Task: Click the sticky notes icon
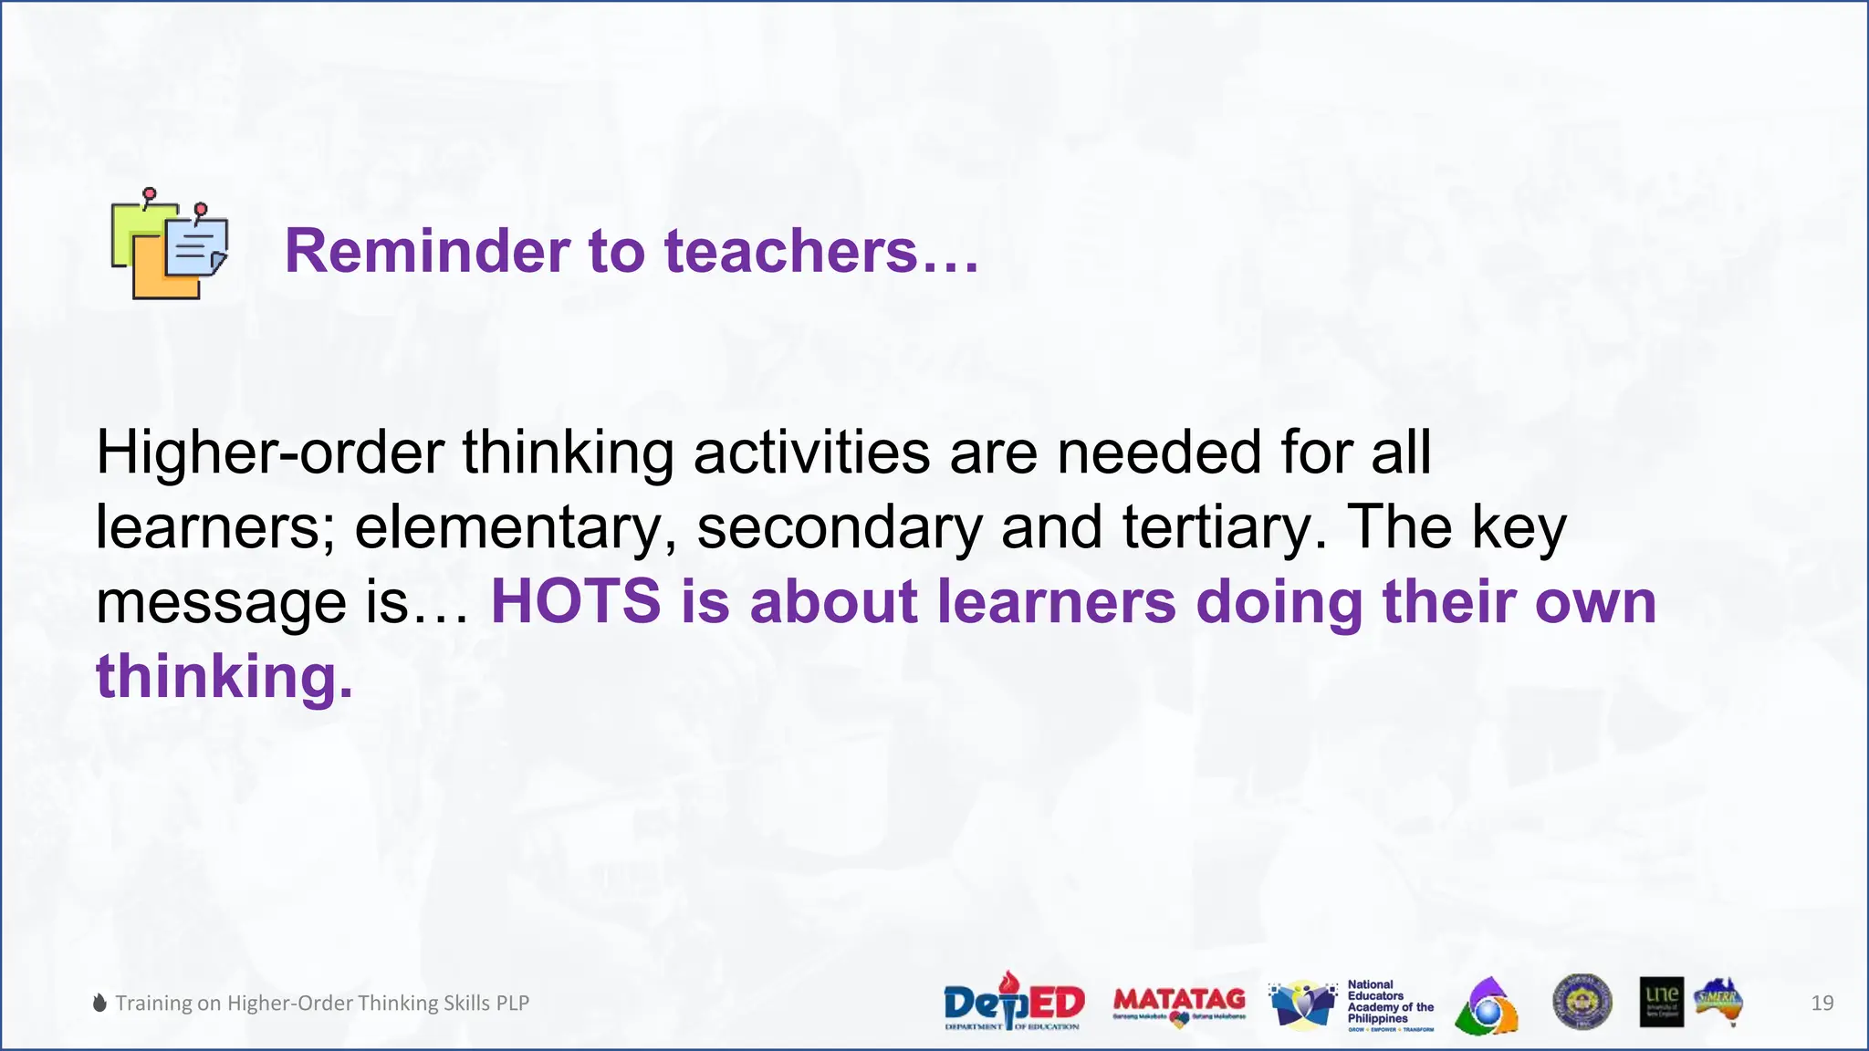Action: coord(169,245)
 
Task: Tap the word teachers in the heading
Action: coord(790,251)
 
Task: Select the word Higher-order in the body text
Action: coord(269,453)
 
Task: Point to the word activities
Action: coord(811,453)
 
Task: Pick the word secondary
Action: coord(840,528)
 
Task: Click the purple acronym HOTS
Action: coord(576,602)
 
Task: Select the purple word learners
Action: coord(1056,602)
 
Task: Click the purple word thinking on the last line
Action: coord(223,677)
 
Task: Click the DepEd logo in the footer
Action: coord(1014,1002)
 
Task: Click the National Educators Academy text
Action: coord(1389,1004)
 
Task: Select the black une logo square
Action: coord(1661,1002)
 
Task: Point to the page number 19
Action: coord(1822,1004)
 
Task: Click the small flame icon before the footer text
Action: coord(99,1003)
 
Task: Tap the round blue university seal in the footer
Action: coord(1582,1002)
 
